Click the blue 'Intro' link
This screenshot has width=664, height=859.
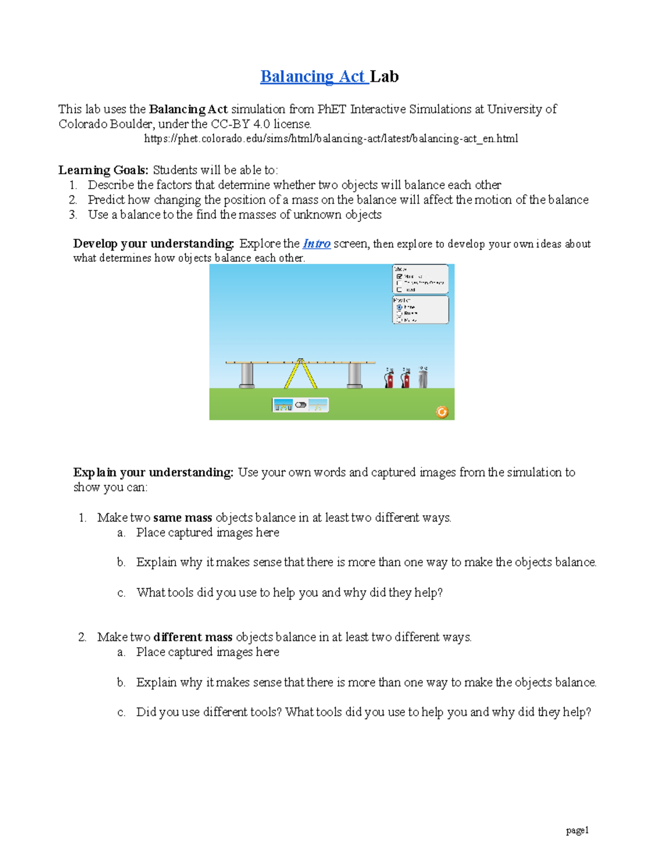(317, 244)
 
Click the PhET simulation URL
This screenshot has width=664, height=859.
(331, 139)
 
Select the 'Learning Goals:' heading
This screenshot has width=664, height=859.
(103, 170)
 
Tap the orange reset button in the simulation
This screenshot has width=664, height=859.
(442, 412)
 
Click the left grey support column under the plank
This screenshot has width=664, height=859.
(247, 375)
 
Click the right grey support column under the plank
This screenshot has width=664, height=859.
(355, 375)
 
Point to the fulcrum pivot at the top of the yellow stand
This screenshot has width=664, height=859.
(300, 361)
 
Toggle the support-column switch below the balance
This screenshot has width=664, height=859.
(300, 405)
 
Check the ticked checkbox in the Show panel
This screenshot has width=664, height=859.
(400, 276)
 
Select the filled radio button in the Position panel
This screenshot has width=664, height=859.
(400, 307)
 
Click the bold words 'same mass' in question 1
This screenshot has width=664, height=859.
(183, 518)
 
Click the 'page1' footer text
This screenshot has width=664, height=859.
(577, 830)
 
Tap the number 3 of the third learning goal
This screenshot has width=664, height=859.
(72, 215)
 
